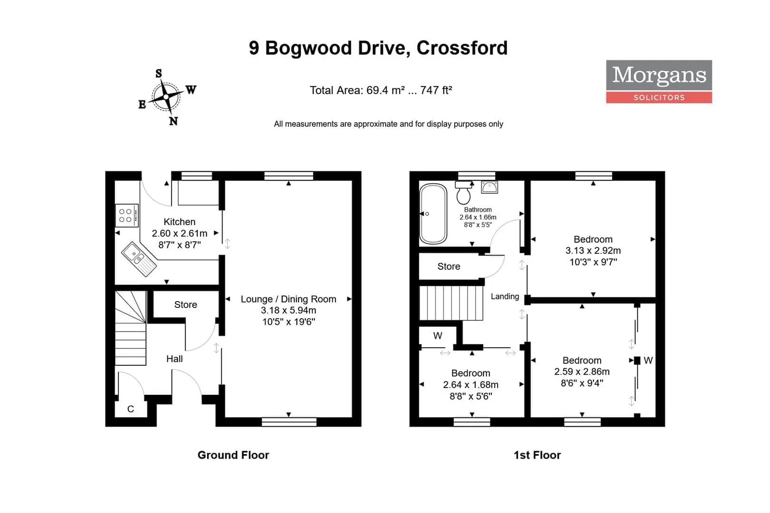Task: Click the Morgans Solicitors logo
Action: click(659, 81)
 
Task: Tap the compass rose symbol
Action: click(166, 97)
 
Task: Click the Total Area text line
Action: click(380, 90)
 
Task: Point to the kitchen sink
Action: click(139, 259)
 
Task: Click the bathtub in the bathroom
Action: click(433, 214)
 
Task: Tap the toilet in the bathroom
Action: click(463, 193)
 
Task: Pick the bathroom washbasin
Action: click(489, 188)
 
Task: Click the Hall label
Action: click(174, 359)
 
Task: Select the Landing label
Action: click(505, 296)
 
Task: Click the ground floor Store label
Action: click(185, 304)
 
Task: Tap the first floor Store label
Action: click(448, 266)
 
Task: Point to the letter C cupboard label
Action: click(131, 409)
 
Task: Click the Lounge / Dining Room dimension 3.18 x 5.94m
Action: click(288, 310)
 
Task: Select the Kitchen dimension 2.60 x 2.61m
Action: click(179, 234)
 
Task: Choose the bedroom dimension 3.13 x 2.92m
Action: click(593, 251)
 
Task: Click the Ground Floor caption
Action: click(233, 455)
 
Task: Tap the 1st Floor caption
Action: click(537, 455)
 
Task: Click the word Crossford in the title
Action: click(462, 47)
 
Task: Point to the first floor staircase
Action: click(451, 303)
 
